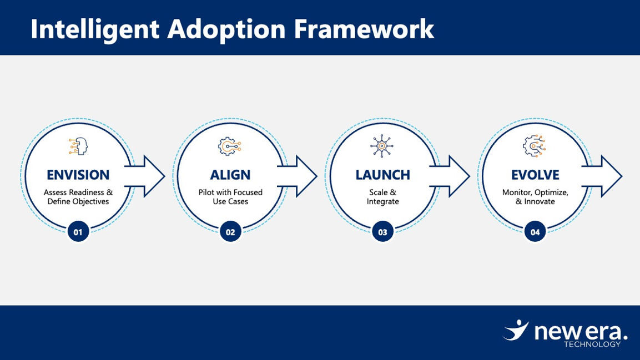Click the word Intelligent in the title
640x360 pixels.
coord(95,29)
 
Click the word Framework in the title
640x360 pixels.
coord(364,29)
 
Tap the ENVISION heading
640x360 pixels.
coord(78,175)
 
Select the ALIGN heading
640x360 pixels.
coord(230,175)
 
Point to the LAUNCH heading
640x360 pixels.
coord(382,175)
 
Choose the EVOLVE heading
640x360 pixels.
coord(535,175)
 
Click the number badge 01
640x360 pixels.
coord(78,232)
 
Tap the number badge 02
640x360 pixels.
coord(230,232)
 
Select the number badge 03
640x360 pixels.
coord(382,232)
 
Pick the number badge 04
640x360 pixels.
coord(535,232)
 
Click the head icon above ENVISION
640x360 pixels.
coord(78,146)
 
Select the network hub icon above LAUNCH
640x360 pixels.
coord(382,146)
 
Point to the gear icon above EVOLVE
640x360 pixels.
coord(534,146)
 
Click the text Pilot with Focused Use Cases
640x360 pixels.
coord(230,197)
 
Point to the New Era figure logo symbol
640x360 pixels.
coord(516,330)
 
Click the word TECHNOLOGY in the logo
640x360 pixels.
coord(592,344)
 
